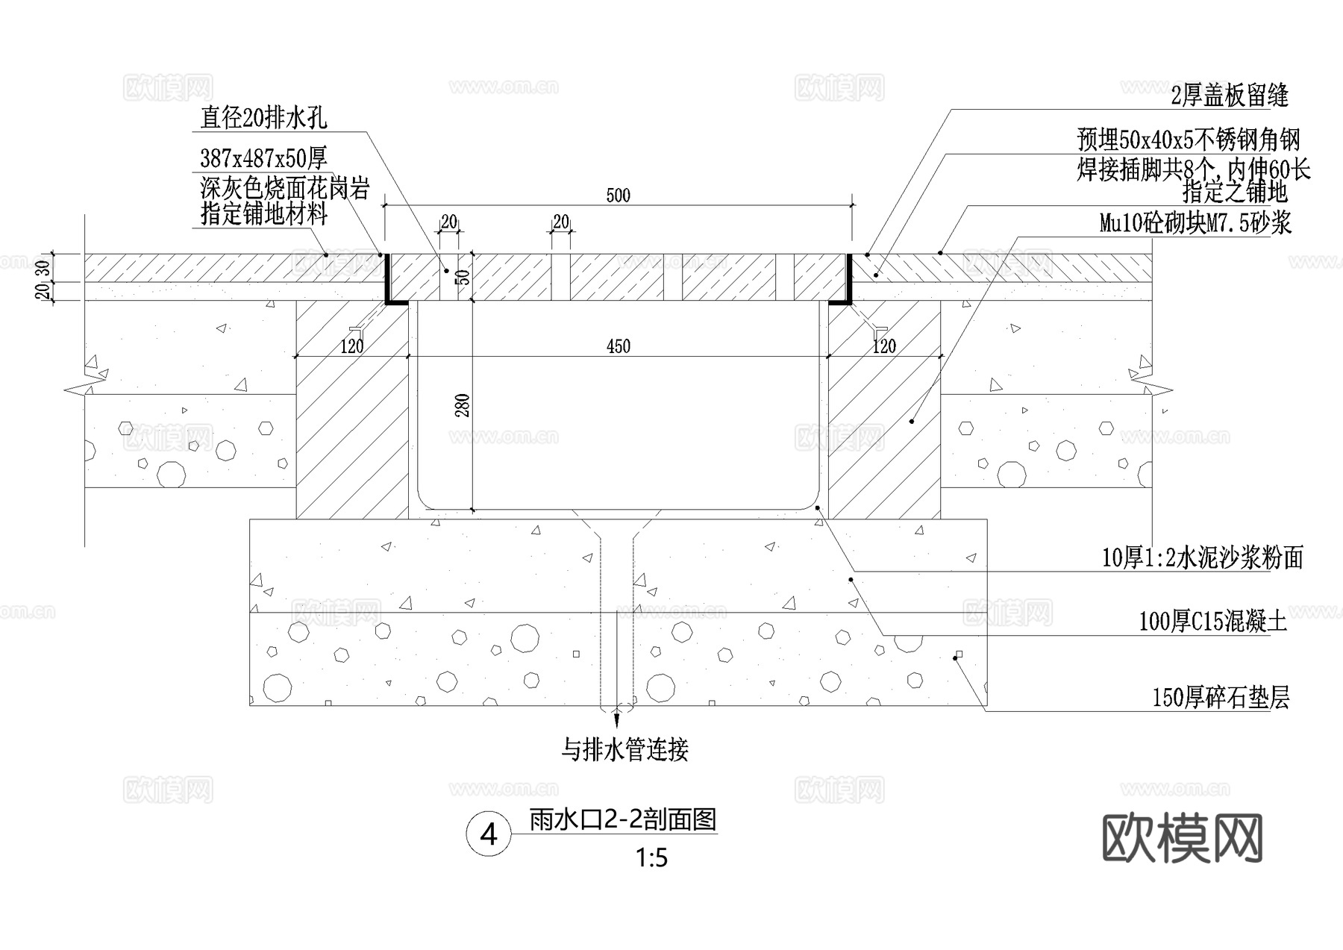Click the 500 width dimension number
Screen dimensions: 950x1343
point(619,196)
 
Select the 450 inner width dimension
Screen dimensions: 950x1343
point(619,346)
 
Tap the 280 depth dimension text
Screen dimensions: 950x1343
point(463,405)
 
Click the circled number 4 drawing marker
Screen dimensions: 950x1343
point(489,834)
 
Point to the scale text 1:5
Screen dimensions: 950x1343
point(651,859)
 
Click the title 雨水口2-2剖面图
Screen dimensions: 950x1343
point(623,820)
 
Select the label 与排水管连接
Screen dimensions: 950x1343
point(624,749)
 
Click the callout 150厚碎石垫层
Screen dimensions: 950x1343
point(1221,698)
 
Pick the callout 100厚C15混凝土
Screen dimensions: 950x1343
point(1212,622)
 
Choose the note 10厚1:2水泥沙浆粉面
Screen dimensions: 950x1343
point(1203,557)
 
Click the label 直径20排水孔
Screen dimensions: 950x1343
point(263,117)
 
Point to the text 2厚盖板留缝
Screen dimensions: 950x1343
point(1230,96)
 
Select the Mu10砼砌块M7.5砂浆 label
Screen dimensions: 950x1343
point(1195,222)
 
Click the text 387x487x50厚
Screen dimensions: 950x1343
point(263,158)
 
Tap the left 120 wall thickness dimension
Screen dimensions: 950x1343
point(351,346)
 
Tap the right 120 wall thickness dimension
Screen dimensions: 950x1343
point(884,346)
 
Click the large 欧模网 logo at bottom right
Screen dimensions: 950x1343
point(1182,839)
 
